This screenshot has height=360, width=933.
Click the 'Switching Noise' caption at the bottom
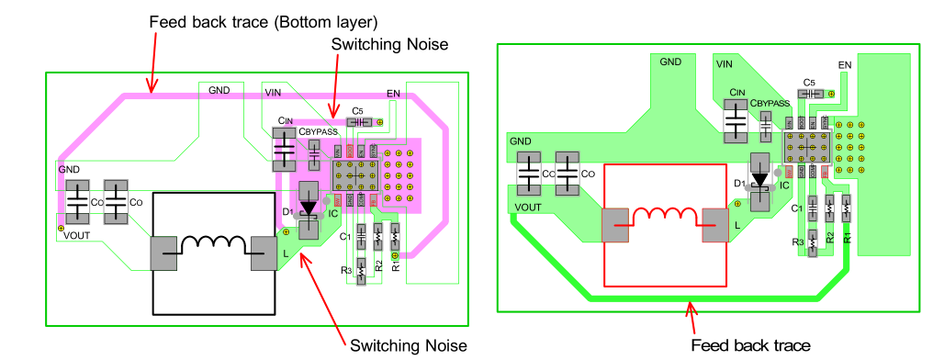[x=408, y=344]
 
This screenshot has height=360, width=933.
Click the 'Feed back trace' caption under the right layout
[x=750, y=344]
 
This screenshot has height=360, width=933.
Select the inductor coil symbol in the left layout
[x=213, y=245]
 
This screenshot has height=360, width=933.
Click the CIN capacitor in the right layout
[x=736, y=120]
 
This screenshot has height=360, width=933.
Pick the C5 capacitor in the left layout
[x=355, y=121]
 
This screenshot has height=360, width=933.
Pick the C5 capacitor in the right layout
[x=807, y=93]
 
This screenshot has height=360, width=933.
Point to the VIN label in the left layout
[x=274, y=92]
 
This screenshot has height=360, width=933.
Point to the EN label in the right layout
[x=846, y=65]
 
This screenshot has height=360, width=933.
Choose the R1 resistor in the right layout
[x=846, y=210]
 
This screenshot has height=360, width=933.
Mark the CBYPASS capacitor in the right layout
[x=763, y=131]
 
